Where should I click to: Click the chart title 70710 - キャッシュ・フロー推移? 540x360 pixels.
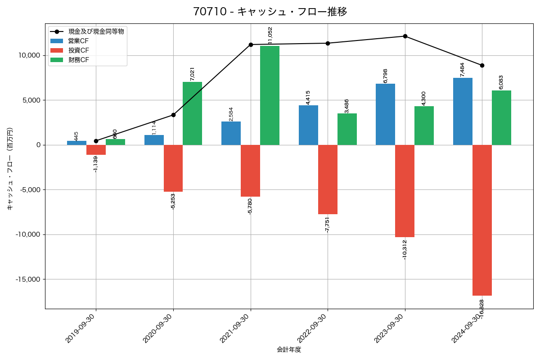click(270, 12)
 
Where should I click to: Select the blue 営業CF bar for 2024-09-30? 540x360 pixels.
click(463, 111)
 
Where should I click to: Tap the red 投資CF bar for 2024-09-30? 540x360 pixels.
click(482, 220)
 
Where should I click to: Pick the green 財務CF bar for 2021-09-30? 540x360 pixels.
click(270, 95)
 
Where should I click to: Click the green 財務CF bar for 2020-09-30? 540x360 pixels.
click(192, 113)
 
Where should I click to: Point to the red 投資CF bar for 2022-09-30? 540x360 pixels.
click(328, 180)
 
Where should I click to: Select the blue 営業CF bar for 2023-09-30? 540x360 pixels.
click(385, 114)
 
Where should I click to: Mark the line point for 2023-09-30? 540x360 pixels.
click(405, 36)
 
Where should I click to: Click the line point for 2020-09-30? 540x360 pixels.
click(173, 115)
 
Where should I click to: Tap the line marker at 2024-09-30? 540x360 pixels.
click(482, 65)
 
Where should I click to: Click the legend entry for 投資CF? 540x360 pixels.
click(79, 50)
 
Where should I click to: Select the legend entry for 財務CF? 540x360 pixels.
click(79, 60)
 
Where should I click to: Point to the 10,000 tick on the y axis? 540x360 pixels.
click(28, 55)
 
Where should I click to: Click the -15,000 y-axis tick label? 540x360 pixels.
click(27, 279)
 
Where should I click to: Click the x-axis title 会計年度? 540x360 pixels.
click(289, 350)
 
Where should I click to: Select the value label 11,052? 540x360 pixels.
click(270, 36)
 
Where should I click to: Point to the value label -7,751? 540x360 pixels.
click(327, 224)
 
